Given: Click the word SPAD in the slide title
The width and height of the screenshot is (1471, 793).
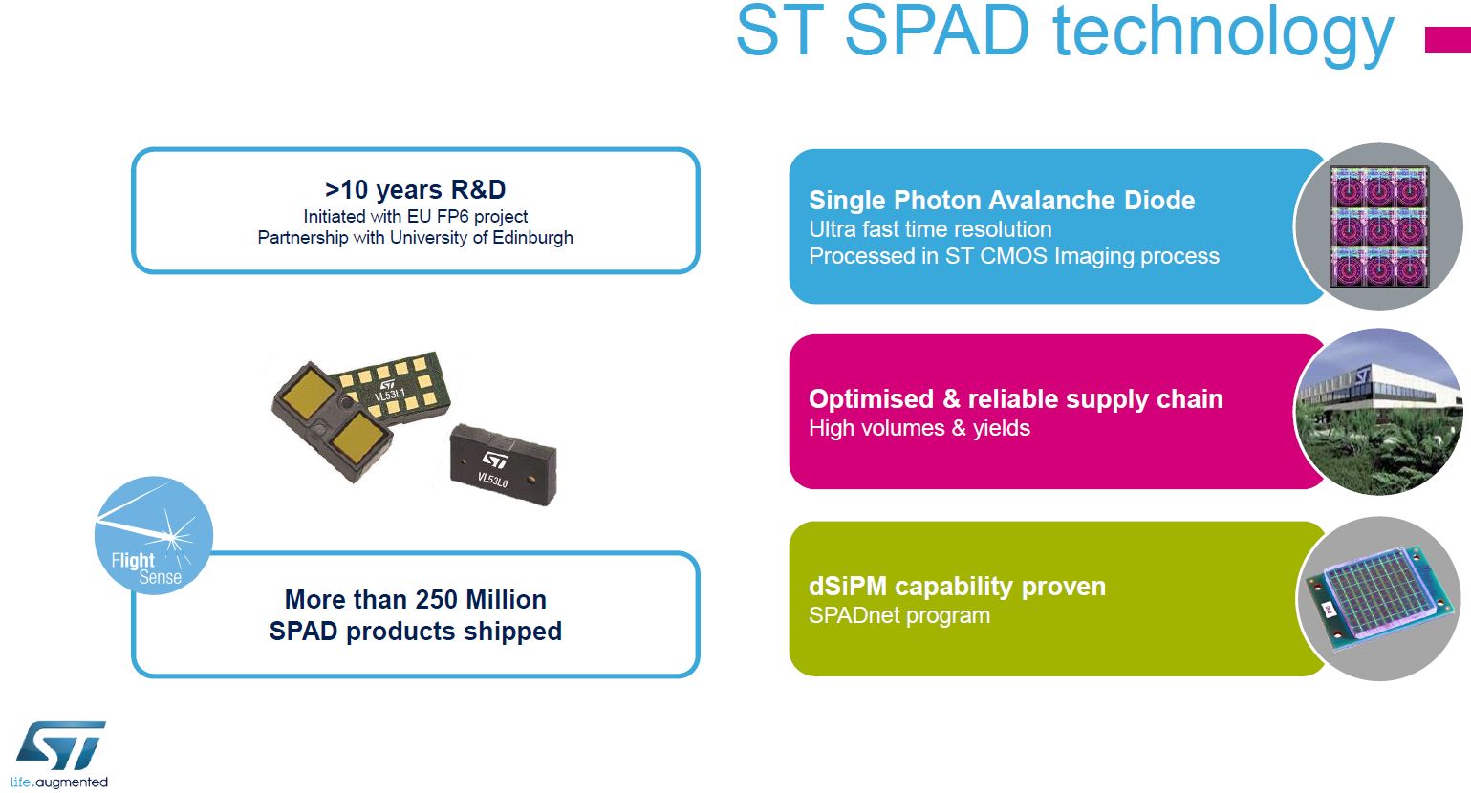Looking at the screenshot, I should (937, 31).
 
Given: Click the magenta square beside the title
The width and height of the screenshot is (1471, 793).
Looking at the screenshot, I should (1447, 39).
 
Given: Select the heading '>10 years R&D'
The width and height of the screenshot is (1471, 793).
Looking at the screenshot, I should (415, 189).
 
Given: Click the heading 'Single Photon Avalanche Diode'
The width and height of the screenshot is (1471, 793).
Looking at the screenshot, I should (1001, 200).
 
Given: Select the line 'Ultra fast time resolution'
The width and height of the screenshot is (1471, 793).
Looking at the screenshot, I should (929, 229).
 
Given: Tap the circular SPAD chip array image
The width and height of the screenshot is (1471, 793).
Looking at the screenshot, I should (1378, 226).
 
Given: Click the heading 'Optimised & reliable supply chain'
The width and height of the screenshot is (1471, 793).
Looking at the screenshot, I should (1015, 398).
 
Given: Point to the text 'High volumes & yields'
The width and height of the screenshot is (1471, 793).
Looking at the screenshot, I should (919, 428).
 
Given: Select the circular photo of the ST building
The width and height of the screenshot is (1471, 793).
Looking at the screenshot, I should (1378, 412).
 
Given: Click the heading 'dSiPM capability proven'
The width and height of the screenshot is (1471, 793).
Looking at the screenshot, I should (956, 586).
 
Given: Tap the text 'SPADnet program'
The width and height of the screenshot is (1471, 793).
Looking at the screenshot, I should (898, 615).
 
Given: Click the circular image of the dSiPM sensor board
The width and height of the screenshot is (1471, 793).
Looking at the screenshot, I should (1378, 599).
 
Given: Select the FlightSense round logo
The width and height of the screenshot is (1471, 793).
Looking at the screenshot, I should (153, 535).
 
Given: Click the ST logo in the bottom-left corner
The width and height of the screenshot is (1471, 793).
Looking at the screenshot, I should (60, 746).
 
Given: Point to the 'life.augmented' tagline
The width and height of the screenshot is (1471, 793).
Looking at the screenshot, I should (59, 782).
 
